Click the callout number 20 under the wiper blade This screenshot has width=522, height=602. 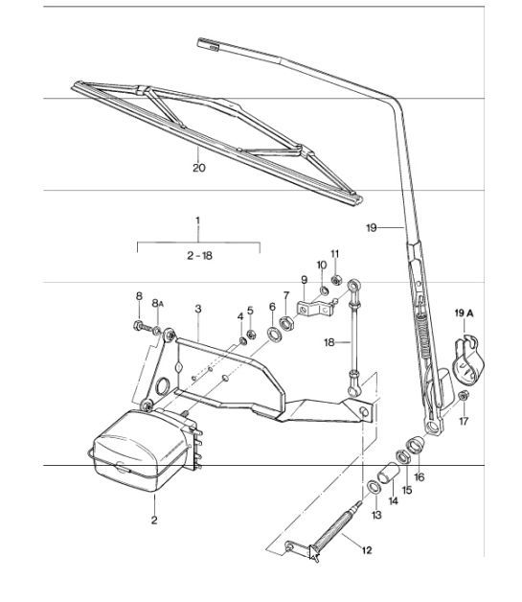(x=198, y=167)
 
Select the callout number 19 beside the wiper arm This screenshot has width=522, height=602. (x=373, y=227)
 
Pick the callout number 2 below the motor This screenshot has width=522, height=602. (x=153, y=521)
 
